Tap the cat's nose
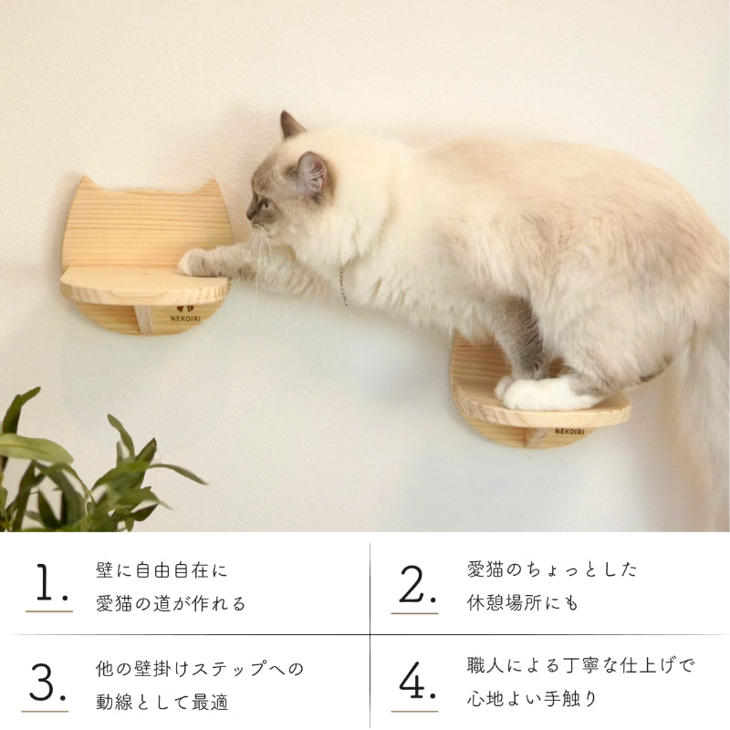tap(248, 217)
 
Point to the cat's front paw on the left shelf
tap(196, 263)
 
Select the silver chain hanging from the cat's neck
tap(343, 285)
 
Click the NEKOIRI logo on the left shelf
tap(186, 314)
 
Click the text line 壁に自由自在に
tap(162, 571)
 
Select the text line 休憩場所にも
tap(523, 603)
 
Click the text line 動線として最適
tap(162, 703)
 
